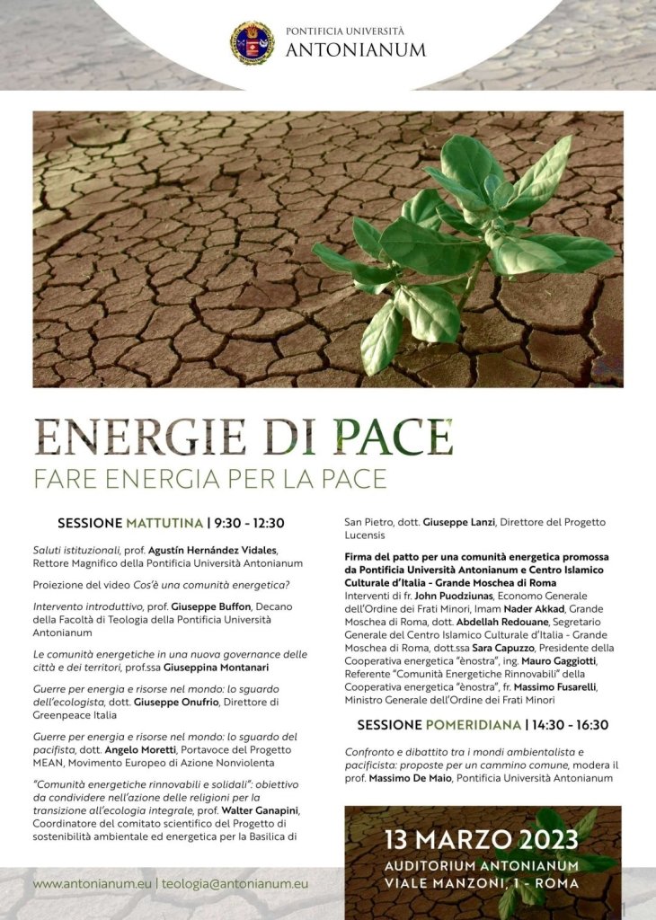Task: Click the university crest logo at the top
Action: point(253,43)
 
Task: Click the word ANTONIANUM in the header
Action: point(356,50)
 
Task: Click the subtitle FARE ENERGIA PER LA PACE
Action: point(210,479)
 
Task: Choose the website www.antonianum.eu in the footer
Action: point(92,884)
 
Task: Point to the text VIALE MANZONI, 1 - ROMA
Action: point(482,884)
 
